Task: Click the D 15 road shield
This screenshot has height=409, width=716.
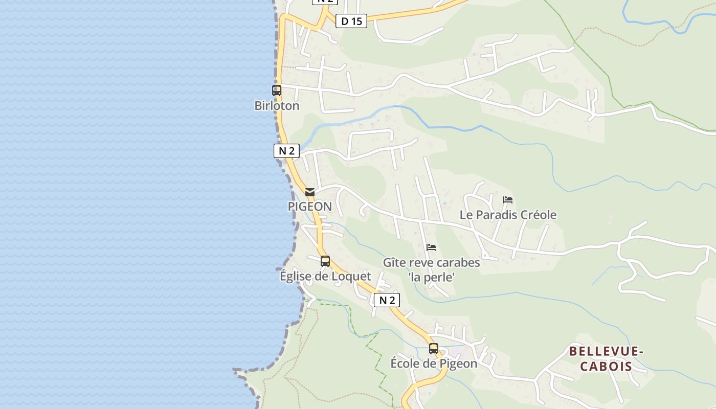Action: tap(351, 21)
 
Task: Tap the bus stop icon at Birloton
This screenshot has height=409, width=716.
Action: tap(277, 90)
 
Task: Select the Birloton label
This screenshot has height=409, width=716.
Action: tap(277, 106)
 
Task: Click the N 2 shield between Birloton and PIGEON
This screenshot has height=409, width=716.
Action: tap(286, 151)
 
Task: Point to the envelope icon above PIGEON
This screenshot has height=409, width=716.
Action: tap(310, 192)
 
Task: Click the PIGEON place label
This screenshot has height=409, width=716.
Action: tap(310, 207)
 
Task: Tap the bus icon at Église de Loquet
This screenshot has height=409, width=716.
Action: tap(325, 261)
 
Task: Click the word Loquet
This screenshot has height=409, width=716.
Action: tap(350, 276)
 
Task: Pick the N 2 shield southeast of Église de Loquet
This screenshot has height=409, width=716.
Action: tap(387, 300)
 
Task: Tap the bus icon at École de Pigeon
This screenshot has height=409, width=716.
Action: tap(434, 349)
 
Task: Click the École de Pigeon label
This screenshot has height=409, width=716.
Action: tap(434, 363)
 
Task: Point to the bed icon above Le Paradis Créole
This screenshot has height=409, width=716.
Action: tap(508, 200)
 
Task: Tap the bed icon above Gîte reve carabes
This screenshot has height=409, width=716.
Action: tap(431, 247)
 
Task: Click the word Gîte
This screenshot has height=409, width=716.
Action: tap(394, 263)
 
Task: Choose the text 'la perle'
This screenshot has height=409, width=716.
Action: tap(432, 277)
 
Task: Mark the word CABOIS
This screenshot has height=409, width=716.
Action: tap(606, 366)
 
